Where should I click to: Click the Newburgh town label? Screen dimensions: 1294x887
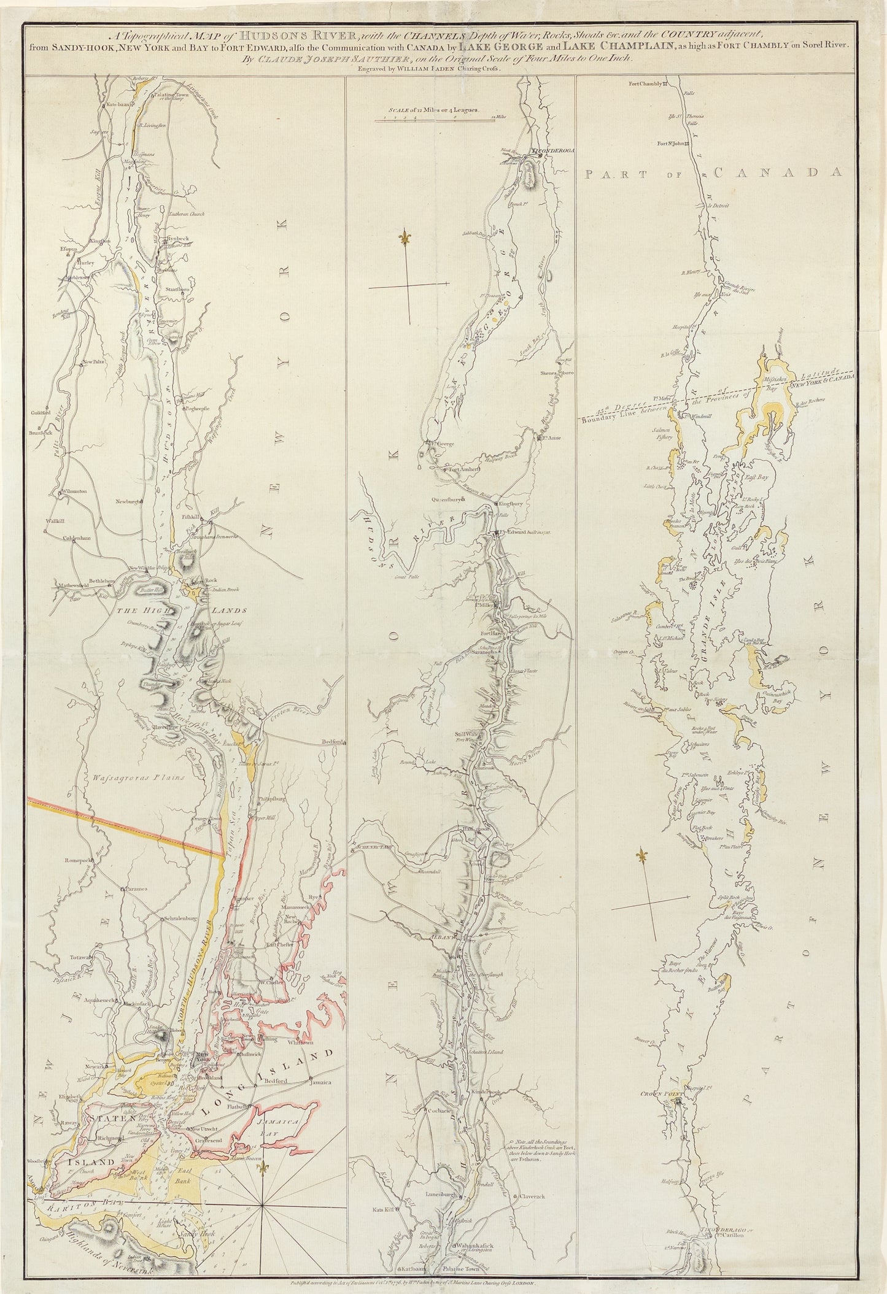coord(127,501)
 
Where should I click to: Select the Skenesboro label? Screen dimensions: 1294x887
coord(557,373)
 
